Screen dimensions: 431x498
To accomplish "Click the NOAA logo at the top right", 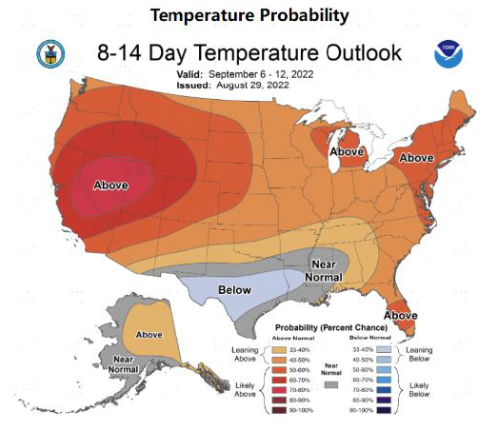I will tap(447, 53).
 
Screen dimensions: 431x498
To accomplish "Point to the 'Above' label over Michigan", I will tap(346, 151).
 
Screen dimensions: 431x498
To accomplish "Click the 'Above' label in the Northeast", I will tap(416, 157).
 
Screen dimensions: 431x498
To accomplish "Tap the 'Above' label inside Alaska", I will tap(149, 334).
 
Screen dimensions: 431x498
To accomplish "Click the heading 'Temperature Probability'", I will tap(249, 15).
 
